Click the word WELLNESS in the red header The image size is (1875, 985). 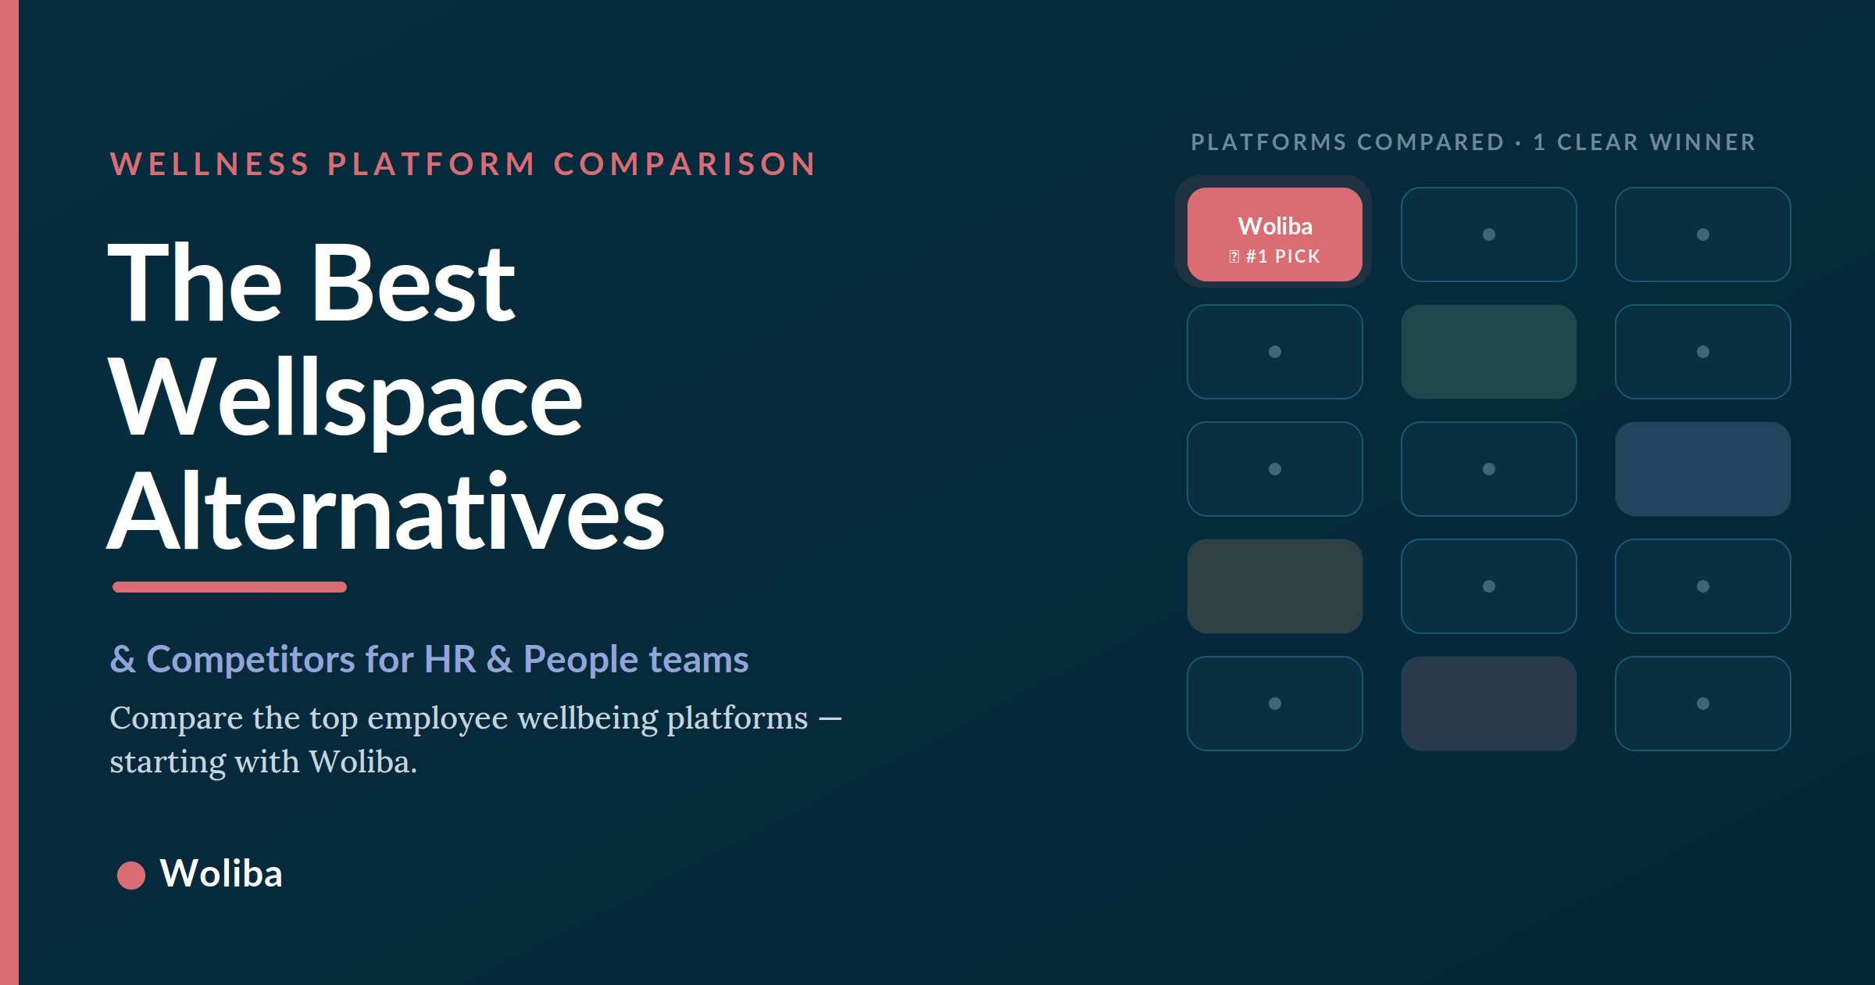(x=210, y=164)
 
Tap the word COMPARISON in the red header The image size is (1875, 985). (x=685, y=164)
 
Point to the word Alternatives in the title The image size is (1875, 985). (x=386, y=511)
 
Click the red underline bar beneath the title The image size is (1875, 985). (x=230, y=587)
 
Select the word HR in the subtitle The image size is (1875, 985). (x=450, y=659)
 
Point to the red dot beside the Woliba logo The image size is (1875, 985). (x=131, y=875)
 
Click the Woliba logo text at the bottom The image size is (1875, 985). (x=221, y=873)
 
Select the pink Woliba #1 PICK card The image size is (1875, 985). (x=1275, y=235)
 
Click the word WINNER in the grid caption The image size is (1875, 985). (x=1703, y=142)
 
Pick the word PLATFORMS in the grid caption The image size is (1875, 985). (x=1270, y=142)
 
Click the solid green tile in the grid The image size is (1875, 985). (x=1489, y=352)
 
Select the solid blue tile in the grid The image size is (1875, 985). (x=1703, y=469)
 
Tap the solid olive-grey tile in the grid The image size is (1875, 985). (x=1275, y=586)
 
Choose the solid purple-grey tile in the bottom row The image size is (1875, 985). (x=1489, y=704)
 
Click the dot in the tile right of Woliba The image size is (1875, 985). (x=1489, y=235)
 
